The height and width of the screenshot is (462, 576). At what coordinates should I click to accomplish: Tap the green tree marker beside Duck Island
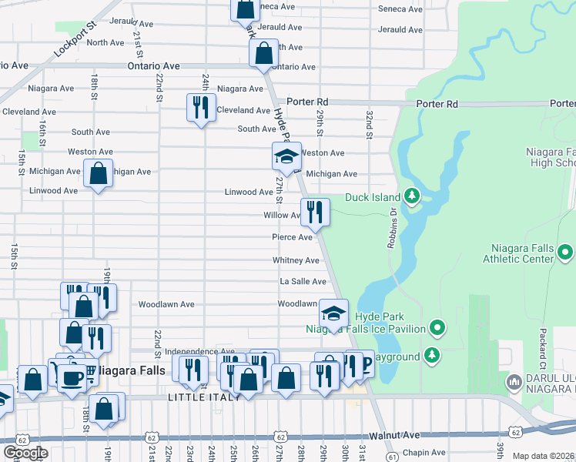(412, 196)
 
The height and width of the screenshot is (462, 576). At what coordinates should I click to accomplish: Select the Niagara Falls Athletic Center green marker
(566, 252)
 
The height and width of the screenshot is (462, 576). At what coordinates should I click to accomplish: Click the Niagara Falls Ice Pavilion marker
(437, 329)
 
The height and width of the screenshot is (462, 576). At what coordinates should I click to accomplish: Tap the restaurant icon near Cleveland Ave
(200, 107)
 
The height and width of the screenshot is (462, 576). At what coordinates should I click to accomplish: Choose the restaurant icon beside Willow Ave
(314, 213)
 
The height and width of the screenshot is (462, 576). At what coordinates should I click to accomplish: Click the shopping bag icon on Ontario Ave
(263, 54)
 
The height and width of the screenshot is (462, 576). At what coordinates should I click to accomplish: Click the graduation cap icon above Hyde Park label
(333, 313)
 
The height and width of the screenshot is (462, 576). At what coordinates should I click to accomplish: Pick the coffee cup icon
(73, 377)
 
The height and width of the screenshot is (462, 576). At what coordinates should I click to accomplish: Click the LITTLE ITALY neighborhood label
(205, 397)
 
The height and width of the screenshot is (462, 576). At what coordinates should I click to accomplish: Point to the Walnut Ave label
(400, 436)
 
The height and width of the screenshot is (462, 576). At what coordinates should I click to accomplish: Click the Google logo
(25, 453)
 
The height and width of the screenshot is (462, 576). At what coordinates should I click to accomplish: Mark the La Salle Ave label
(303, 282)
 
